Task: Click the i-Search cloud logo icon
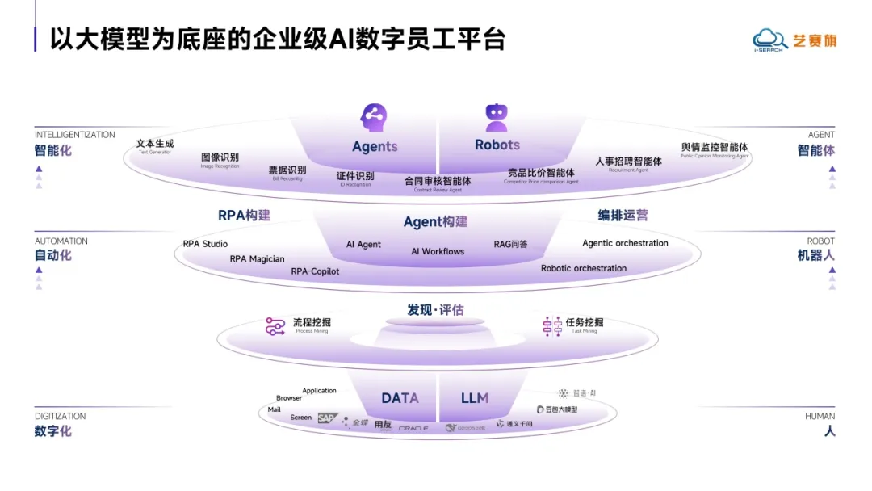[768, 39]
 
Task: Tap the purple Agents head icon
[374, 118]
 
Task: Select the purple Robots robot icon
[496, 118]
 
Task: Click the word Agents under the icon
[375, 146]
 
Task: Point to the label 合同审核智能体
[438, 181]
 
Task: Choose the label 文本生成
[155, 143]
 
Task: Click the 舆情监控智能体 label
[715, 147]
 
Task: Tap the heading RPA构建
[244, 216]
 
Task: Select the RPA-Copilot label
[315, 271]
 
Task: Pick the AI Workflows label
[438, 251]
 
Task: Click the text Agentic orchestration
[625, 243]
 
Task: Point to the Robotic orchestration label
[583, 268]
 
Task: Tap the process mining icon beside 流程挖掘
[275, 326]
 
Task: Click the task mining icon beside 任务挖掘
[551, 326]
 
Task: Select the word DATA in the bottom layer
[400, 398]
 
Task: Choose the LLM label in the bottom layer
[475, 398]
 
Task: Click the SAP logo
[325, 418]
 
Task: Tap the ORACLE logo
[413, 428]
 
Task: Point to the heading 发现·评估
[435, 310]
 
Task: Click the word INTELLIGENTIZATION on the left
[74, 135]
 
